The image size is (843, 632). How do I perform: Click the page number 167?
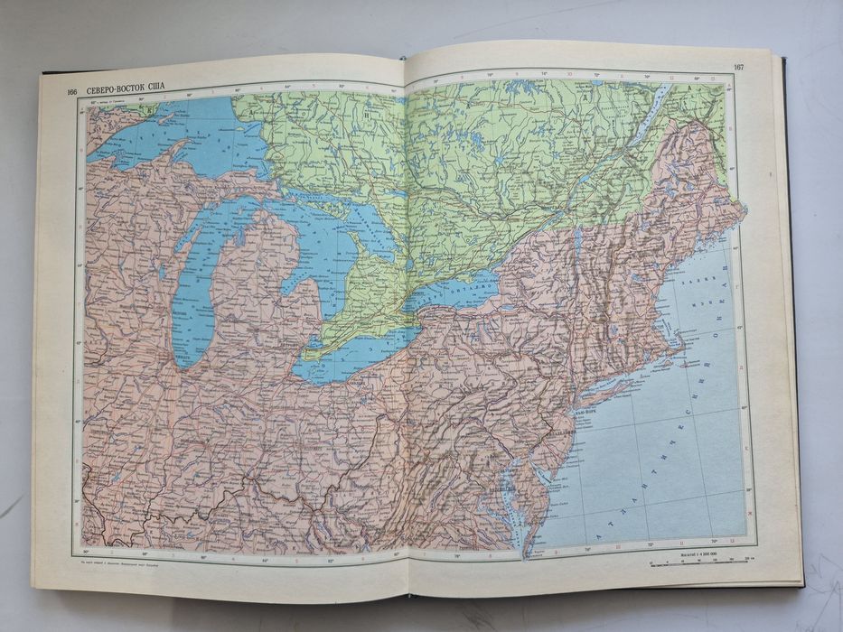(738, 67)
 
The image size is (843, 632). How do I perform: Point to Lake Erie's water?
(361, 357)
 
